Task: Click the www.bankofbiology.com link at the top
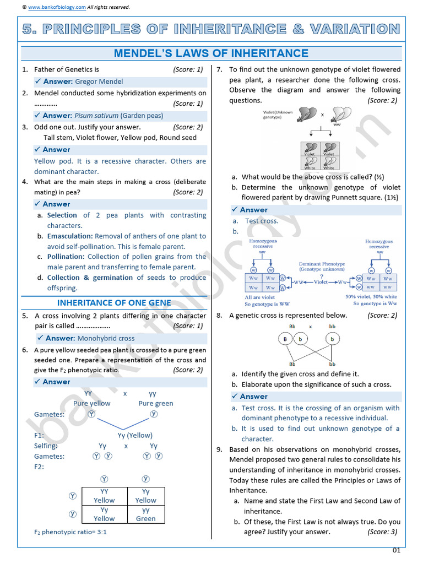(57, 7)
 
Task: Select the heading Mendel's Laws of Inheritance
(211, 53)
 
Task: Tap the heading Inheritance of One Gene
(114, 302)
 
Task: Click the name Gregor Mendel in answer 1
(99, 82)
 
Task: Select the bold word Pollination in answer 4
(66, 257)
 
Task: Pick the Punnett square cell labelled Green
(146, 514)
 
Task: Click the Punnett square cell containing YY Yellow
(104, 496)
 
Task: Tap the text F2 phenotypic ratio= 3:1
(70, 532)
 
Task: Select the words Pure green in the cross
(156, 403)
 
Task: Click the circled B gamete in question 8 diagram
(285, 339)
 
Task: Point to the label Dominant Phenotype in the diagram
(322, 264)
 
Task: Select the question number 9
(219, 449)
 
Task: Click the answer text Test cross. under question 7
(262, 221)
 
